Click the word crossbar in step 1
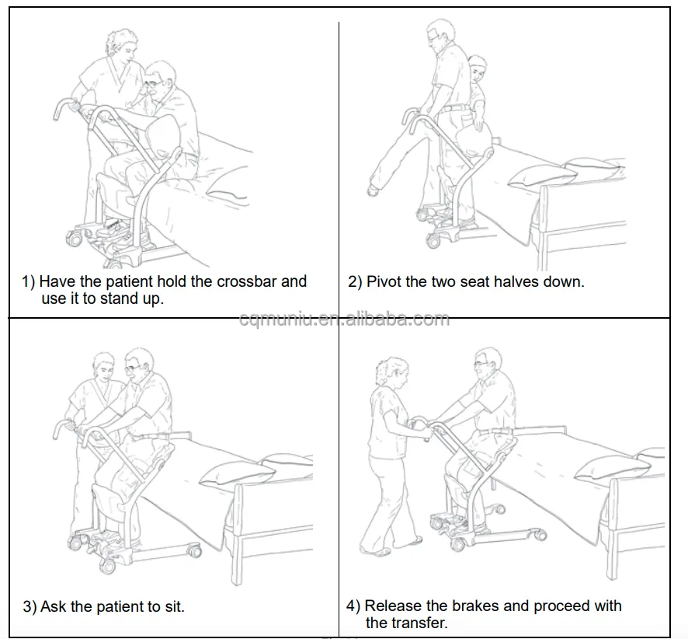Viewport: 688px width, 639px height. pos(247,281)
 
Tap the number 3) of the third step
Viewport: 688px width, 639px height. pos(30,607)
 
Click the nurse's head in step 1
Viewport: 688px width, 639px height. pos(120,45)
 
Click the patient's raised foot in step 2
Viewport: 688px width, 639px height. pos(373,190)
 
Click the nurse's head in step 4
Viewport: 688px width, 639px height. pos(391,373)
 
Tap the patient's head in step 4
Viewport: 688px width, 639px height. pos(488,363)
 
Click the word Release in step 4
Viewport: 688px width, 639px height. pos(393,606)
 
